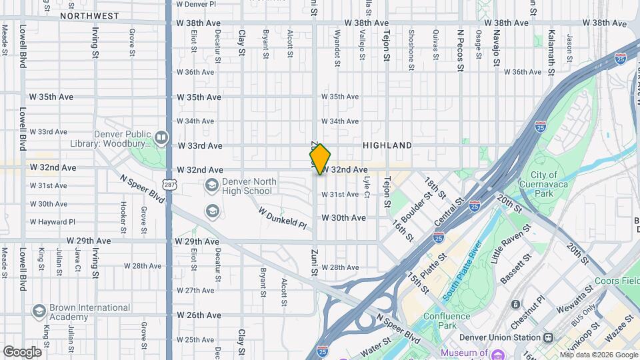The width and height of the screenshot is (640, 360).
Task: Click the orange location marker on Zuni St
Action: pos(321,159)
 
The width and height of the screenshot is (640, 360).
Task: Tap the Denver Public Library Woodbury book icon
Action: pos(161,138)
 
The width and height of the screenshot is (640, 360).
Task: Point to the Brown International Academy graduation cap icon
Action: pos(39,311)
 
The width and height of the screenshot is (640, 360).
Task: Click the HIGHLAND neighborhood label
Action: pos(387,145)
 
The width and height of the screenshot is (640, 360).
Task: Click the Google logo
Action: pos(22,352)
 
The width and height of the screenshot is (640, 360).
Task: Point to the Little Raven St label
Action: pos(512,244)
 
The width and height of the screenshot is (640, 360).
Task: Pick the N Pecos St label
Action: pos(460,47)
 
